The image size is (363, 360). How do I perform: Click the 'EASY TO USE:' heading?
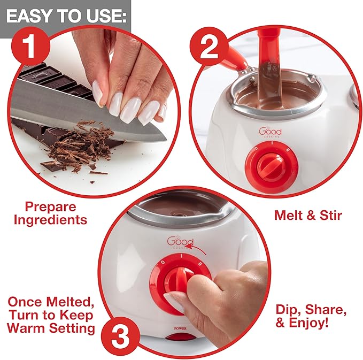(66, 16)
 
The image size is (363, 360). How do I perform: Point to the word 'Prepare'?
(50, 207)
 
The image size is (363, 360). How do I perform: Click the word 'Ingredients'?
(50, 220)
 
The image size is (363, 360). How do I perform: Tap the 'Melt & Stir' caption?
(308, 215)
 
